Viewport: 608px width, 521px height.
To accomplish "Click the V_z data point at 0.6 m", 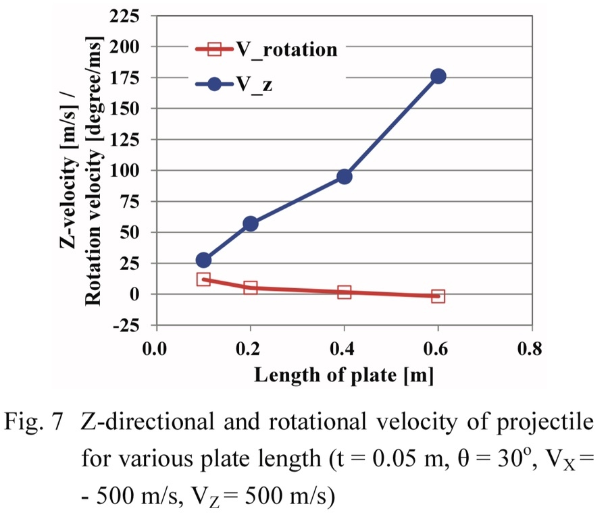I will (438, 76).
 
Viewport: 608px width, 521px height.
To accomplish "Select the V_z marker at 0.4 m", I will (344, 176).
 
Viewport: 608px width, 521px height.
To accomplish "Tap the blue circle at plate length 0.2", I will (250, 223).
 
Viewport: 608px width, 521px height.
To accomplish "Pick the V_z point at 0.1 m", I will (203, 260).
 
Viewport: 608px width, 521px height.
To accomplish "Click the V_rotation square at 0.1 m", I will (203, 279).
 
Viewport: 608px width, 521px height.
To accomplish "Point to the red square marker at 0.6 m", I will (438, 296).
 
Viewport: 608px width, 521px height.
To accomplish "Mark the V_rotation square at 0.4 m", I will (344, 292).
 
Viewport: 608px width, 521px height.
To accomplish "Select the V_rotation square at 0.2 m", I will (250, 287).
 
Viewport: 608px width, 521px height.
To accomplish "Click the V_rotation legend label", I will (286, 49).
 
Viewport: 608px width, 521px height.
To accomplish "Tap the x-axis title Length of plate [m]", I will (344, 375).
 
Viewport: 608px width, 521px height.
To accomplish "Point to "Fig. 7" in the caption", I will (40, 422).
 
